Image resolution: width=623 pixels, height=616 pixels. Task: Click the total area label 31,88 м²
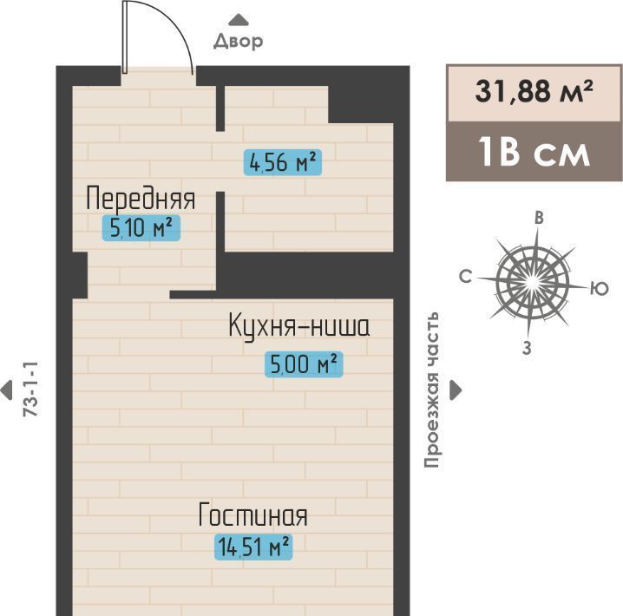[x=534, y=91]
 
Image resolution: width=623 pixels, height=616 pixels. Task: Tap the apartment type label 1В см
[x=534, y=152]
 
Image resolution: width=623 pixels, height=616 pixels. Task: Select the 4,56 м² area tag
[x=283, y=162]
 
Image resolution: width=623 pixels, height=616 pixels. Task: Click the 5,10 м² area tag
[x=141, y=228]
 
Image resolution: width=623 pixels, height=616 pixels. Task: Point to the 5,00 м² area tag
[x=304, y=364]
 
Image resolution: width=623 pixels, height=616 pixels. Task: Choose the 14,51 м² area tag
[x=253, y=547]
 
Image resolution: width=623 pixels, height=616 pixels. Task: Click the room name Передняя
[x=141, y=198]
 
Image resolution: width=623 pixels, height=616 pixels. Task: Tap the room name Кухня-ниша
[x=299, y=325]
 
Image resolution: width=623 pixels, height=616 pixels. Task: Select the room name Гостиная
[x=253, y=514]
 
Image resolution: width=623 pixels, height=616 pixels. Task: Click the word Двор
[x=239, y=42]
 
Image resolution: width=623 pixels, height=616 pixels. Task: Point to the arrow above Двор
[x=239, y=20]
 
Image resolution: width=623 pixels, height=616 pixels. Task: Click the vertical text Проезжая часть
[x=431, y=390]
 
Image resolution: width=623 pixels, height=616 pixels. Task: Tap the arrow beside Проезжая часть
[x=456, y=390]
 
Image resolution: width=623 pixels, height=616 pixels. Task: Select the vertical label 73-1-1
[x=30, y=389]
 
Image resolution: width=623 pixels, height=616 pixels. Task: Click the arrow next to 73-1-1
[x=6, y=390]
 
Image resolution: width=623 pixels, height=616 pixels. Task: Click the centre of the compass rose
[x=532, y=283]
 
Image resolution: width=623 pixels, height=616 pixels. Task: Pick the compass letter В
[x=539, y=218]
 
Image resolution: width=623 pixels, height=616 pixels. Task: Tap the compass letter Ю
[x=600, y=288]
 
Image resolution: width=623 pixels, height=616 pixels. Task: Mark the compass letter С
[x=465, y=277]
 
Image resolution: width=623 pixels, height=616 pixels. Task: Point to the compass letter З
[x=527, y=348]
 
